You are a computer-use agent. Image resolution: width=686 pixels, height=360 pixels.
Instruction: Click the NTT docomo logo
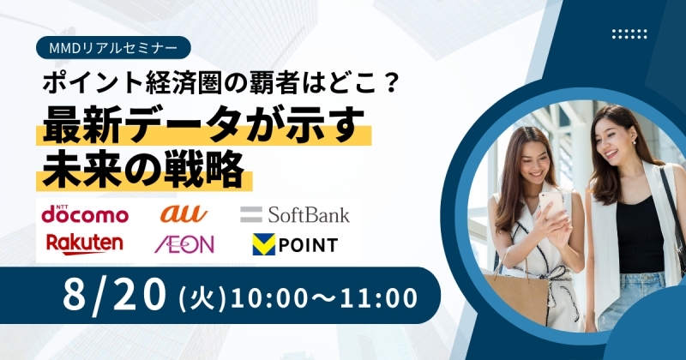click(x=85, y=214)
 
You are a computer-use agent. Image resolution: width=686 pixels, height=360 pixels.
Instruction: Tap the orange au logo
click(x=184, y=214)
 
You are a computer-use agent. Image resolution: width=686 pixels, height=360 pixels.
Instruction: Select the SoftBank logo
click(x=295, y=214)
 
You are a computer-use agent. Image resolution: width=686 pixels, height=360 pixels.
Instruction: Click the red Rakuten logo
click(x=84, y=244)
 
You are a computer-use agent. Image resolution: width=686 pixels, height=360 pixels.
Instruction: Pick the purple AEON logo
click(x=184, y=244)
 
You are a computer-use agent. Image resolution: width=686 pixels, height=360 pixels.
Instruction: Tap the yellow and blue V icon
click(x=264, y=244)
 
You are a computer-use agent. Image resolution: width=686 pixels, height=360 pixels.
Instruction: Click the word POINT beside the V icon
click(x=308, y=245)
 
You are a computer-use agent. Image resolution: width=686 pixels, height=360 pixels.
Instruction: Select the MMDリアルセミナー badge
click(x=113, y=48)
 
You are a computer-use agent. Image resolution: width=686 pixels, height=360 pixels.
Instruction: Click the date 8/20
click(x=115, y=296)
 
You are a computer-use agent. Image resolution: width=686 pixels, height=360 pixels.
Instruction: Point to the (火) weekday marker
click(x=202, y=298)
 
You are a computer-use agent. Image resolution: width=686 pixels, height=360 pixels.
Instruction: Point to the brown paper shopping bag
click(x=516, y=298)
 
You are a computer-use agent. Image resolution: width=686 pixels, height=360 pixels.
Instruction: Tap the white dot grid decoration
click(x=629, y=34)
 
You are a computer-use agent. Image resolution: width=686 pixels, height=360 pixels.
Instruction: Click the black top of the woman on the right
click(x=640, y=237)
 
